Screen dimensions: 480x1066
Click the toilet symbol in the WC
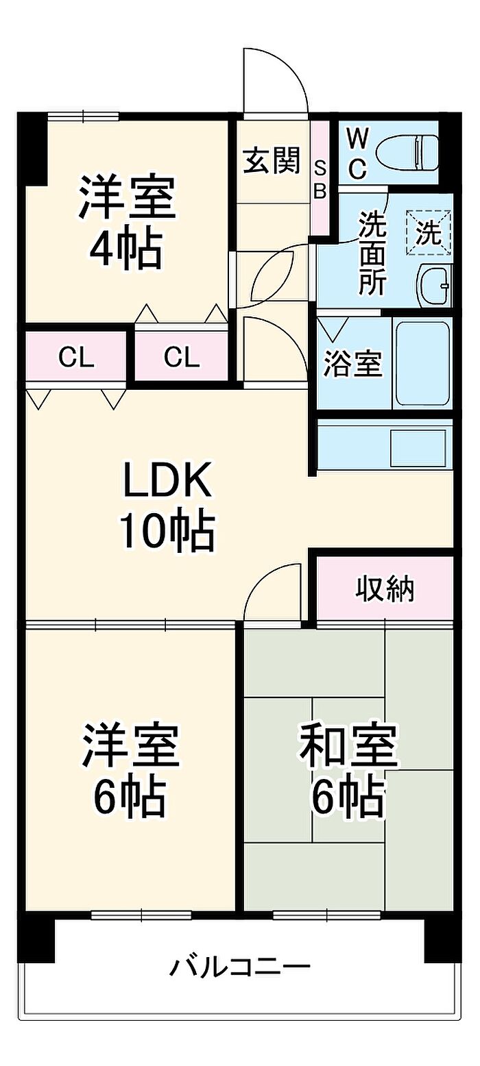point(407,153)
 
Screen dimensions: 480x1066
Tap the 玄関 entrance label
point(272,160)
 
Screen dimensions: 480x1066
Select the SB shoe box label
point(322,179)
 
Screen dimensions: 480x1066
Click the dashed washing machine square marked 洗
point(428,233)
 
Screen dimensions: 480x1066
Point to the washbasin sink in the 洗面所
point(434,286)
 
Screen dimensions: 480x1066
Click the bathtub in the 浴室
point(423,364)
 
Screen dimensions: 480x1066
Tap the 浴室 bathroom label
point(353,364)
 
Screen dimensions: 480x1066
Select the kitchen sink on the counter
point(418,448)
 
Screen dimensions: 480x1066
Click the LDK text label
point(167,480)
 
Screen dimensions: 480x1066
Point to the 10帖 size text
point(167,531)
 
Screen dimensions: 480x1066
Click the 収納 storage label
point(385,590)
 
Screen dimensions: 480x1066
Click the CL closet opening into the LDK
point(76,357)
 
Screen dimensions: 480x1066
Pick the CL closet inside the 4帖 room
point(182,356)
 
